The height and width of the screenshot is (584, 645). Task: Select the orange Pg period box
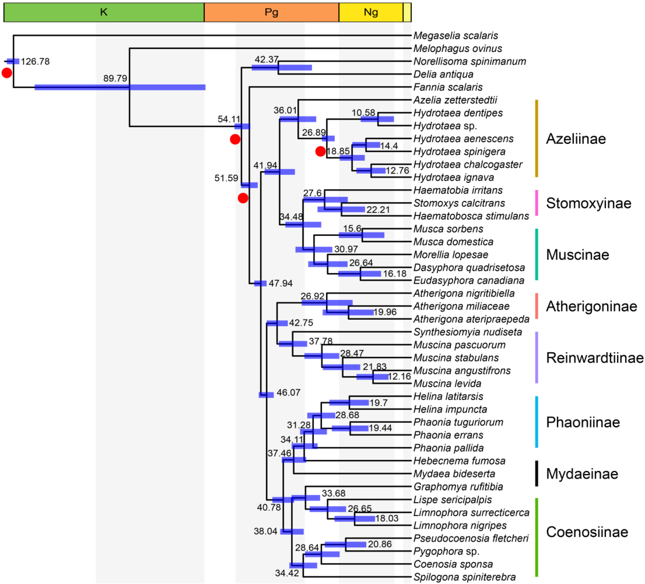tap(271, 12)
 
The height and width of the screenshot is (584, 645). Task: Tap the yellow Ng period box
tap(371, 12)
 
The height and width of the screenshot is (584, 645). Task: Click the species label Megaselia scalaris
tap(455, 35)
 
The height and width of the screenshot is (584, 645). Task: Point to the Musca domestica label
tap(453, 242)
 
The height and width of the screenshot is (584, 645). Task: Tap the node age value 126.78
tap(35, 61)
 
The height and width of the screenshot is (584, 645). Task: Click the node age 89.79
tap(115, 78)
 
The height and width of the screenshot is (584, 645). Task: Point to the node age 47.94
tap(281, 283)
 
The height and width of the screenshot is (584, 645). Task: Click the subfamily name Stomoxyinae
tap(588, 203)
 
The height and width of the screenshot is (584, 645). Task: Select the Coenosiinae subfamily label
tap(587, 532)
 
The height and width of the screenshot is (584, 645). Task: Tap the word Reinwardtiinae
tap(595, 358)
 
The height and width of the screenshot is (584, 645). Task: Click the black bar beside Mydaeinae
tap(536, 473)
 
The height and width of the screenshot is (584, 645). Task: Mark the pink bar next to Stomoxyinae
tap(536, 203)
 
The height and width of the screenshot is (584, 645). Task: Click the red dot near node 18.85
tap(320, 151)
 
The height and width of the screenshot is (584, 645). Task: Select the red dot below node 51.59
tap(243, 198)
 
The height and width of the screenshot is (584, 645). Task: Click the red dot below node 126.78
tap(7, 73)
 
